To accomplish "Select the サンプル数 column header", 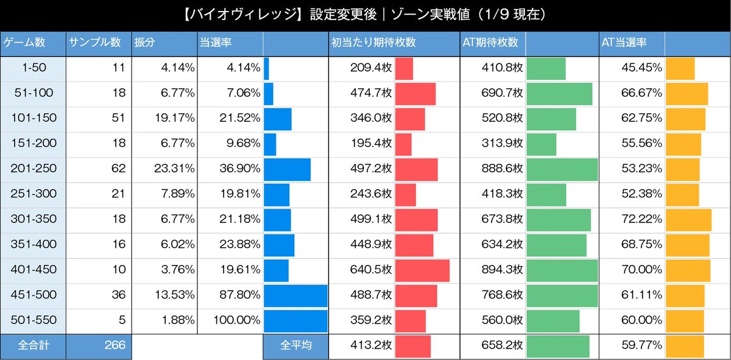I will click(95, 43).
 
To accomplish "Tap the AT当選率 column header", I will click(624, 43).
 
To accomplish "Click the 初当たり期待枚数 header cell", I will click(373, 43).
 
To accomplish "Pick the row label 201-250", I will click(34, 169).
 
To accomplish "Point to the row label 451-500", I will click(34, 295).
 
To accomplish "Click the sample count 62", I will click(116, 169).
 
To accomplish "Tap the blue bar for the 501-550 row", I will click(295, 320).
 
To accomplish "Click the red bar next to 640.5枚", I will click(422, 270).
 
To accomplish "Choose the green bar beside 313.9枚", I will click(541, 144).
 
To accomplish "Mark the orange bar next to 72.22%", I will click(688, 219).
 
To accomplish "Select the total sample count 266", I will click(114, 345).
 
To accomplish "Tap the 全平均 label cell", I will click(295, 345).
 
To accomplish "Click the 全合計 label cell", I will click(34, 345).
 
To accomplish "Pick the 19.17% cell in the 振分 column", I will click(174, 119).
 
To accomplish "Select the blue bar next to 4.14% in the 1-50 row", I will click(266, 68).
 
